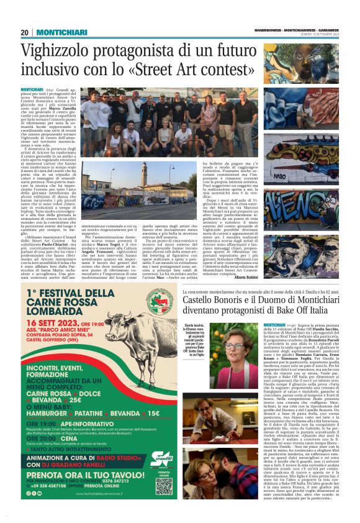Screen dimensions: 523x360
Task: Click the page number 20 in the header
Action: pyautogui.click(x=25, y=33)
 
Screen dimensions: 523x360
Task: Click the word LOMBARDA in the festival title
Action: pyautogui.click(x=61, y=312)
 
